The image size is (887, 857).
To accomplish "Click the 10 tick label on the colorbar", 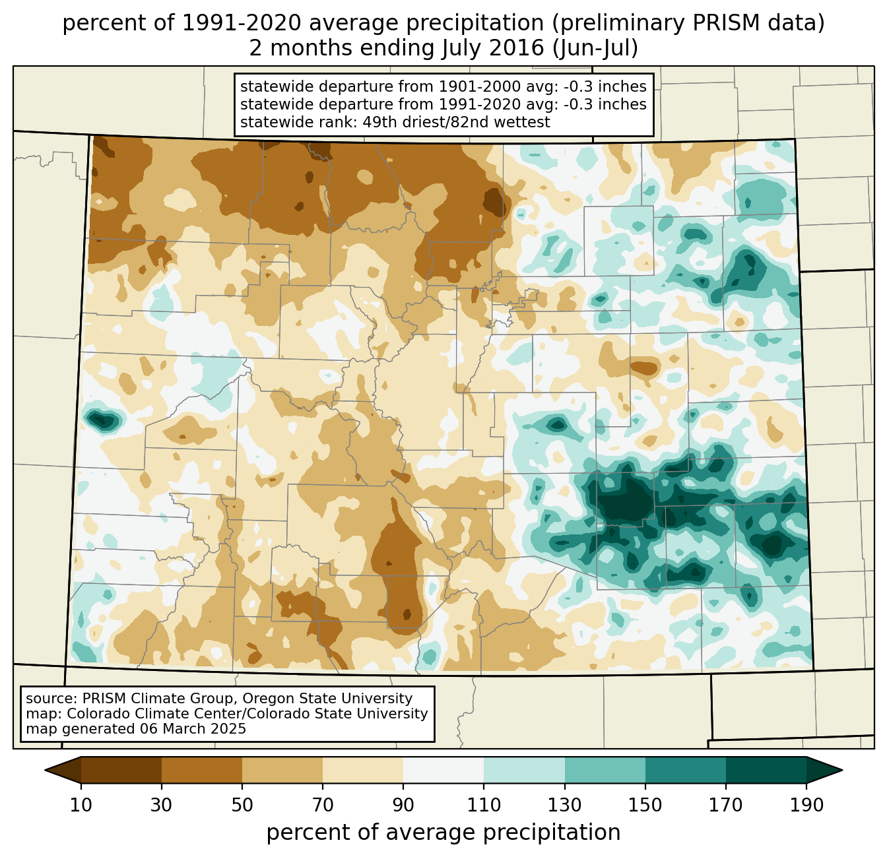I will click(81, 805).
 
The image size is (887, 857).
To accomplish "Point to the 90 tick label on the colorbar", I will click(403, 805).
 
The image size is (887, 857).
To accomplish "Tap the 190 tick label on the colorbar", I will click(806, 805).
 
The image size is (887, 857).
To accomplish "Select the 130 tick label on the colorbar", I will click(565, 805).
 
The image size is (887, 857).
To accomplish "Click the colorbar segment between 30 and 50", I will click(202, 770).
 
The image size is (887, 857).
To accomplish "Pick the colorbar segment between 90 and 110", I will click(443, 770).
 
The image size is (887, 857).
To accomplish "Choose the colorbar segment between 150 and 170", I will click(685, 770).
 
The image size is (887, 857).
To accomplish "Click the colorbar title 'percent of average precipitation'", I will click(443, 833).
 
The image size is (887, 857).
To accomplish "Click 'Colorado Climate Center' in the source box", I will click(143, 714).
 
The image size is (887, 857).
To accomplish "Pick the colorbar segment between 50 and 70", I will click(282, 770).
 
